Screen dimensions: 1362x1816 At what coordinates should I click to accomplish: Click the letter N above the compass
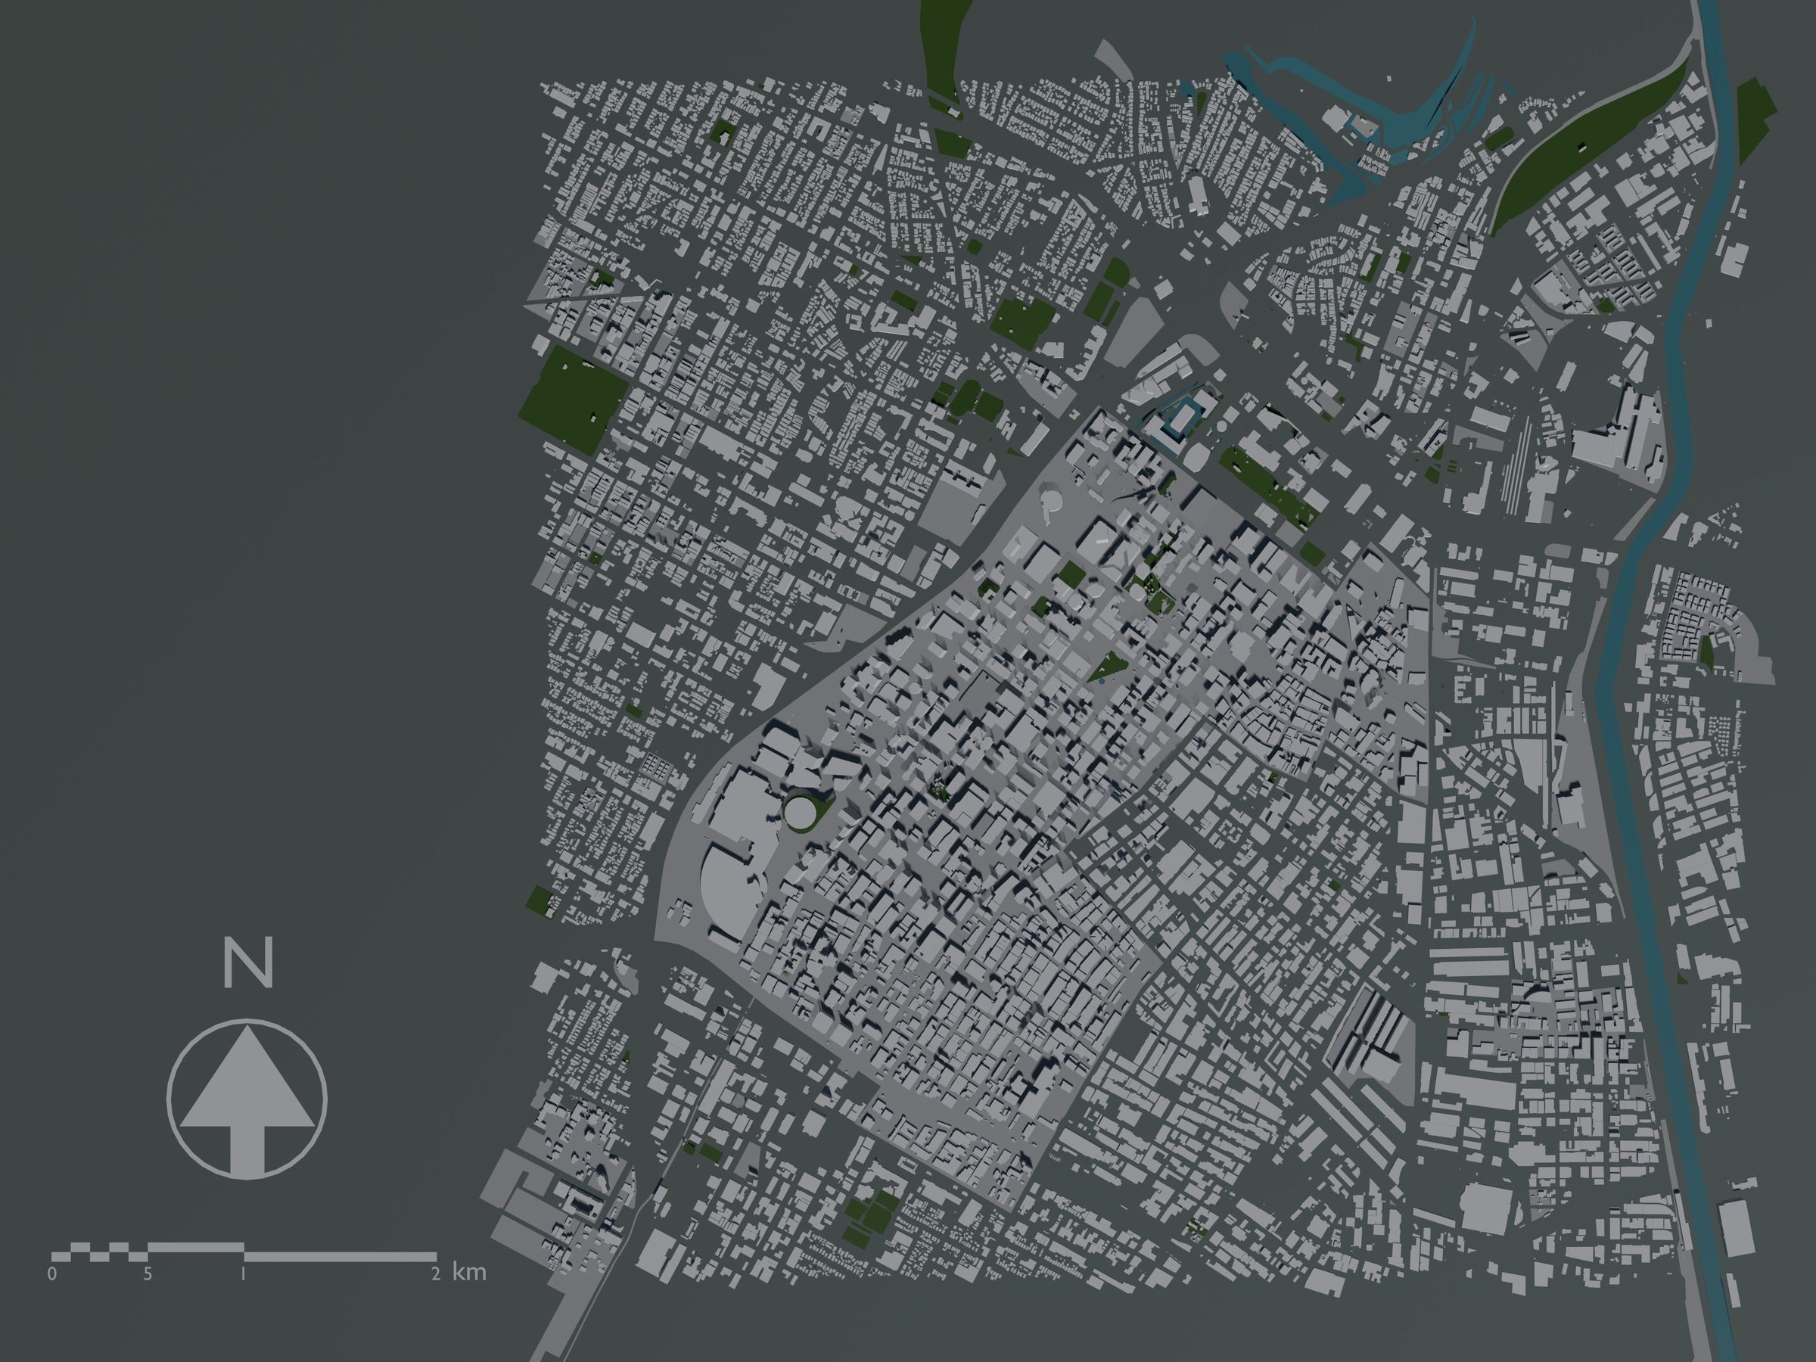[x=248, y=967]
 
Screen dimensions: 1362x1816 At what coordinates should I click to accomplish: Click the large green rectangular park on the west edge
[x=574, y=396]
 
